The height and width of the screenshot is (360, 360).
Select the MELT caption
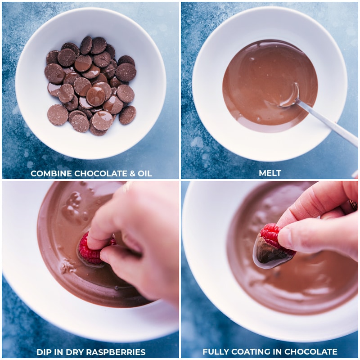(270, 174)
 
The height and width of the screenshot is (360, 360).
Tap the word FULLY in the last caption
(215, 352)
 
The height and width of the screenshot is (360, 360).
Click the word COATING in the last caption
(250, 352)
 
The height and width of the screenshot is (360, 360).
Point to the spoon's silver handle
(328, 124)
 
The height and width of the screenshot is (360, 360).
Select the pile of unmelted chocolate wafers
(90, 85)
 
